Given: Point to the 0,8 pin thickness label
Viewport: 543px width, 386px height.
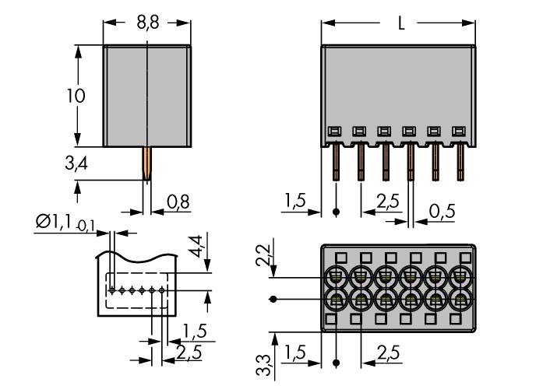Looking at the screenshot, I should pyautogui.click(x=178, y=203).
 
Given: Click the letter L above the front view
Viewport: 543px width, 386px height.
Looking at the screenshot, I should pyautogui.click(x=400, y=24).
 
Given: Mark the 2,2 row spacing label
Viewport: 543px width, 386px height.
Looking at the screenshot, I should pyautogui.click(x=263, y=254).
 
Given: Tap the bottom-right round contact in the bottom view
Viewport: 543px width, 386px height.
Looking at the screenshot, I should pyautogui.click(x=460, y=300).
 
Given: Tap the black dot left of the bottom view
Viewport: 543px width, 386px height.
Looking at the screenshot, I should pyautogui.click(x=273, y=299).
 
